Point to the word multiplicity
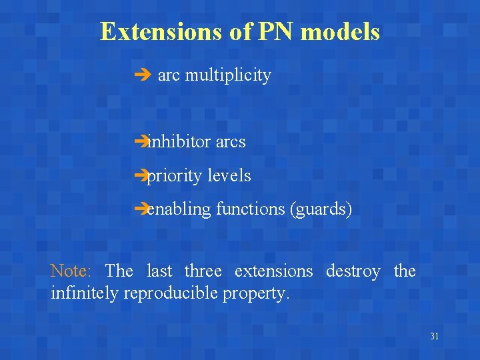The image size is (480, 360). (x=228, y=76)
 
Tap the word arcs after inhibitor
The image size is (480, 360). (x=230, y=142)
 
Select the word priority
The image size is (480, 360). (x=174, y=176)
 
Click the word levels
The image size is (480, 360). (x=229, y=176)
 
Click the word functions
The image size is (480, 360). (x=251, y=209)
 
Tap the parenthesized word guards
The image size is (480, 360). (x=321, y=209)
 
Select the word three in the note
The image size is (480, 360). (x=203, y=271)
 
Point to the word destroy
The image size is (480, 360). (x=353, y=271)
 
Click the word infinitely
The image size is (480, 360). (x=84, y=293)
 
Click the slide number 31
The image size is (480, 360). (x=434, y=337)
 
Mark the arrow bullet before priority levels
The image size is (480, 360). (x=139, y=176)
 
